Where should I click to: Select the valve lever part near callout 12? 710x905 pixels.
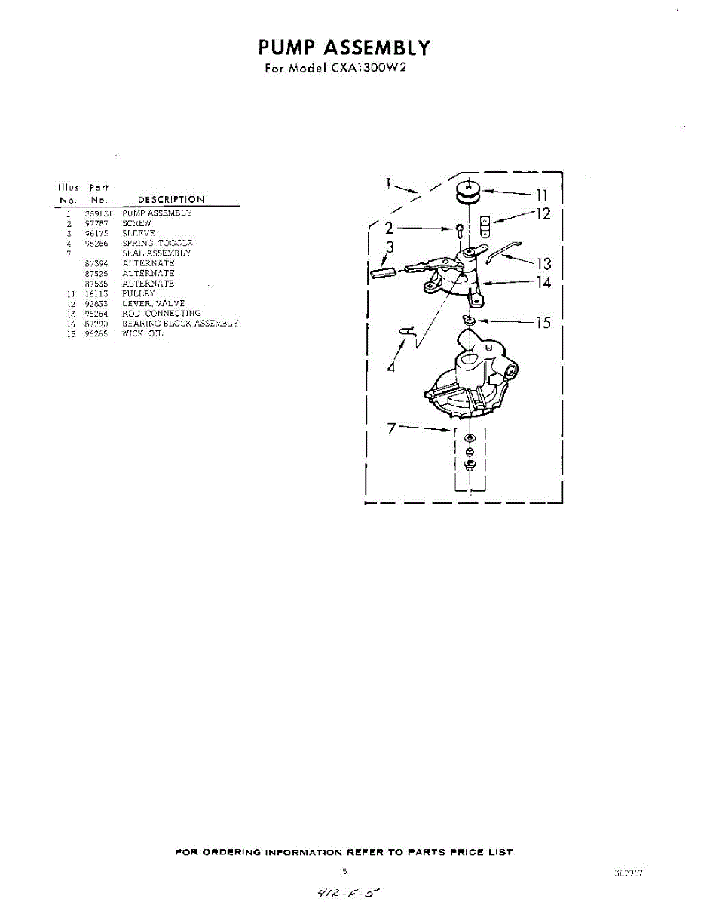[486, 223]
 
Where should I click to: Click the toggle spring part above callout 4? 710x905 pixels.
[406, 330]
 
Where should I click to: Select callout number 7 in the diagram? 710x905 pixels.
[391, 429]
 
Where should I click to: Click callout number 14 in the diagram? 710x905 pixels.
[543, 284]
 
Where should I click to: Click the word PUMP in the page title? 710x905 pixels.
[287, 48]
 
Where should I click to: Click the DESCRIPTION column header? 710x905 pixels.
[171, 200]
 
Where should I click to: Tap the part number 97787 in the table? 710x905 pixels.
[95, 224]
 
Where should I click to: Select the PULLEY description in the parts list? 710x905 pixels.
[138, 293]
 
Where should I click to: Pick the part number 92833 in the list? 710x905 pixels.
[95, 303]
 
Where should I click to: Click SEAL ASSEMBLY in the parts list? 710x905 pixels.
[157, 253]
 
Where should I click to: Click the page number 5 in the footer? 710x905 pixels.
[345, 872]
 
